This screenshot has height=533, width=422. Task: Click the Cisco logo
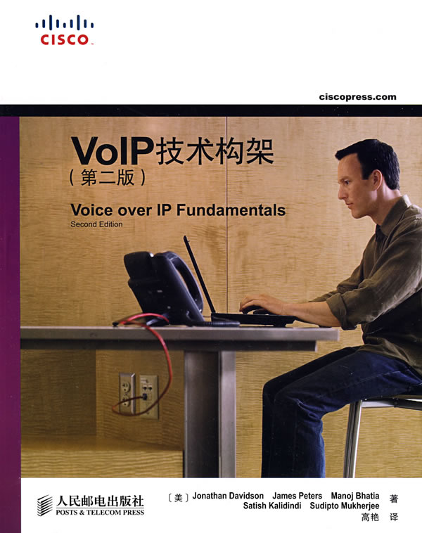[x=64, y=30]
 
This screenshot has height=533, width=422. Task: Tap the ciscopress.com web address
[x=358, y=97]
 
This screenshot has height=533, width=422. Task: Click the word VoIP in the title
[x=113, y=151]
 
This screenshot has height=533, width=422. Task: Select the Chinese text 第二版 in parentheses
[x=108, y=177]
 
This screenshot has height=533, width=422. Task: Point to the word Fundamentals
[x=231, y=210]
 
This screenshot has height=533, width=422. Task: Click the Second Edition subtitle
[x=96, y=224]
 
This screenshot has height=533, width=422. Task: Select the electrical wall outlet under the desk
[x=139, y=395]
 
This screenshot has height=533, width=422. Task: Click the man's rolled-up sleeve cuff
[x=340, y=310]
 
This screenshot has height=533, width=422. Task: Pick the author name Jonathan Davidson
[x=228, y=496]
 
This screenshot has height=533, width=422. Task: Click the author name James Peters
[x=298, y=496]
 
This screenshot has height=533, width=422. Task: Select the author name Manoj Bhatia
[x=355, y=496]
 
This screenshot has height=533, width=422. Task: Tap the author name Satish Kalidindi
[x=272, y=506]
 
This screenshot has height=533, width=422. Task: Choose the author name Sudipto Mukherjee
[x=345, y=506]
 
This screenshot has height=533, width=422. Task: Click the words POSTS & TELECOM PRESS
[x=100, y=513]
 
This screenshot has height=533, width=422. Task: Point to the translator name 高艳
[x=370, y=518]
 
